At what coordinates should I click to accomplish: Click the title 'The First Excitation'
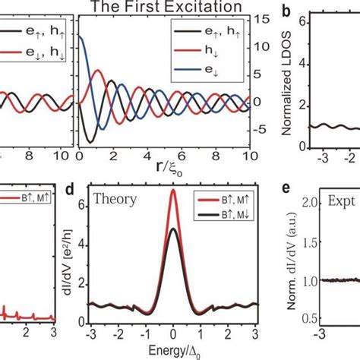point(164,8)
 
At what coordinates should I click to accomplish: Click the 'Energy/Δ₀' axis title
point(172,353)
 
